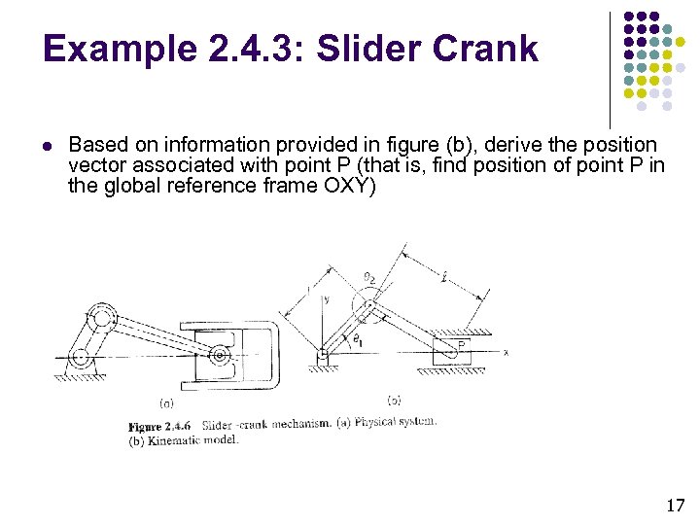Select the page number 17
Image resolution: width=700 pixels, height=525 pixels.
coord(676,505)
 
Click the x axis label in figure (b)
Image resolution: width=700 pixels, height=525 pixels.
coord(506,353)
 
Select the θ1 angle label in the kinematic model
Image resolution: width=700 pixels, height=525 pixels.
coord(357,338)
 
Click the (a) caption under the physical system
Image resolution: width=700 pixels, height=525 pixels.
coord(166,402)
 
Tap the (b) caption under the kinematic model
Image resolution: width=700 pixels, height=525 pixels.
coord(394,401)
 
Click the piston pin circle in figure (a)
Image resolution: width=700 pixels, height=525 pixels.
coord(222,356)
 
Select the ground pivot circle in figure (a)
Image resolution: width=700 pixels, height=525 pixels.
coord(81,357)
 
